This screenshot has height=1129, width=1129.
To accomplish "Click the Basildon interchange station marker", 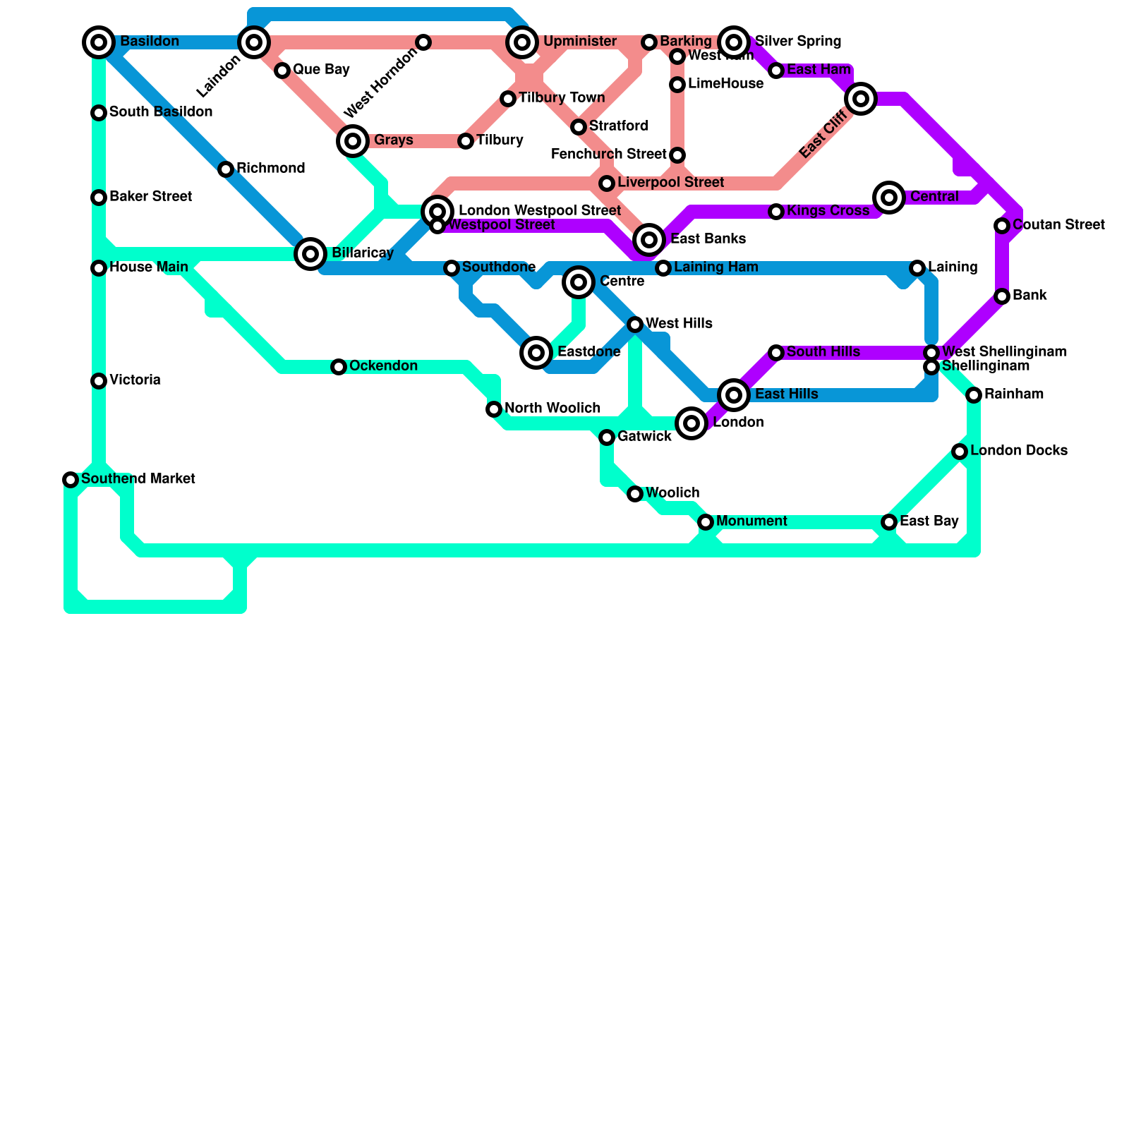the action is click(99, 42).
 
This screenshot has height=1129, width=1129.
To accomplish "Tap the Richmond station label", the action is click(270, 169).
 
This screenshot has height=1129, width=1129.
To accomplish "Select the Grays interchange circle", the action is click(353, 141).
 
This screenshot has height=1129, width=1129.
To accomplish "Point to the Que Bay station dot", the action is click(282, 71).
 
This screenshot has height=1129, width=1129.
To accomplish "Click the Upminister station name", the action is click(579, 42).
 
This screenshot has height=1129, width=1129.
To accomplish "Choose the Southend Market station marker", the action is click(71, 480).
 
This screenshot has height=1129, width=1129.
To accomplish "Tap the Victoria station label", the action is click(135, 380).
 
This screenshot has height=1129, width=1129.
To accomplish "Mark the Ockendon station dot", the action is click(339, 367).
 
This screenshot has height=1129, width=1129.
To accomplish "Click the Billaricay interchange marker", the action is click(310, 254).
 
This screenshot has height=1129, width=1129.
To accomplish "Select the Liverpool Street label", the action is click(670, 183).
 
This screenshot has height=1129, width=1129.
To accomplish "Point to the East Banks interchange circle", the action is click(649, 240).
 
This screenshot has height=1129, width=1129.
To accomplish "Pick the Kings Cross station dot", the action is click(776, 212).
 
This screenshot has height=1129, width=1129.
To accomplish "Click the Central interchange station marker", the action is click(889, 198).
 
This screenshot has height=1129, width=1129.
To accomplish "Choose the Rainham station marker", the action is click(974, 395).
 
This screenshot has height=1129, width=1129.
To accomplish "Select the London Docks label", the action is click(1018, 451).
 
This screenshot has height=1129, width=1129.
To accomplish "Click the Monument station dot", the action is click(706, 522).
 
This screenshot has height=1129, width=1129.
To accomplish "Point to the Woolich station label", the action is click(672, 493).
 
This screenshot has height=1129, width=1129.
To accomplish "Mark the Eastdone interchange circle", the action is click(536, 353).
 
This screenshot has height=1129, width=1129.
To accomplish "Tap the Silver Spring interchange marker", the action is click(734, 42).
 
